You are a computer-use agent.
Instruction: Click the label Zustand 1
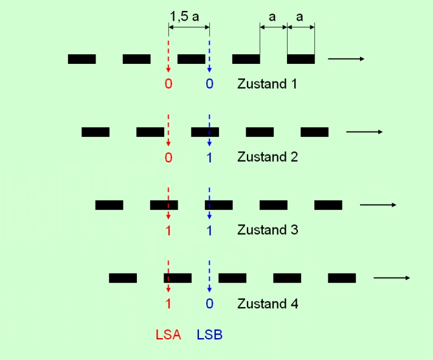pos(267,83)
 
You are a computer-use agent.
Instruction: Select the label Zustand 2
pos(267,157)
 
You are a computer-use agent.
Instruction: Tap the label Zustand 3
pos(267,230)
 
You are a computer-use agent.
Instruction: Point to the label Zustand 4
pos(267,303)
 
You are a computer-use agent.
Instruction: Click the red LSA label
pos(168,334)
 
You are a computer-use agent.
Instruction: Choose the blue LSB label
pos(209,334)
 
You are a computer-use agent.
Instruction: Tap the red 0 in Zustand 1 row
pos(168,83)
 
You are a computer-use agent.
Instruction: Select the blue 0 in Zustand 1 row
pos(209,83)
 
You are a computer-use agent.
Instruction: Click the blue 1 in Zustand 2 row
pos(209,157)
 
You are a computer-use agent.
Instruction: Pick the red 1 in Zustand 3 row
pos(168,230)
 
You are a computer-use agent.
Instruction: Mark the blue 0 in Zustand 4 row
pos(209,303)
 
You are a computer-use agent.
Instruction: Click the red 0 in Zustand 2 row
pos(168,157)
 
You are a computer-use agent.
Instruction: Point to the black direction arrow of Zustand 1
pos(345,59)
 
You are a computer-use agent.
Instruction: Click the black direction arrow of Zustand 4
pos(391,278)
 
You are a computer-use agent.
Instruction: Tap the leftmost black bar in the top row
pos(81,59)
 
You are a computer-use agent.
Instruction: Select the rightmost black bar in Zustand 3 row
pos(328,205)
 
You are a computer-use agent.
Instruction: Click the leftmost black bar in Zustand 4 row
pos(123,278)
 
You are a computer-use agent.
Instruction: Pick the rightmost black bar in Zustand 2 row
pos(314,132)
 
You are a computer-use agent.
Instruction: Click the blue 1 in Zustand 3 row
pos(209,230)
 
